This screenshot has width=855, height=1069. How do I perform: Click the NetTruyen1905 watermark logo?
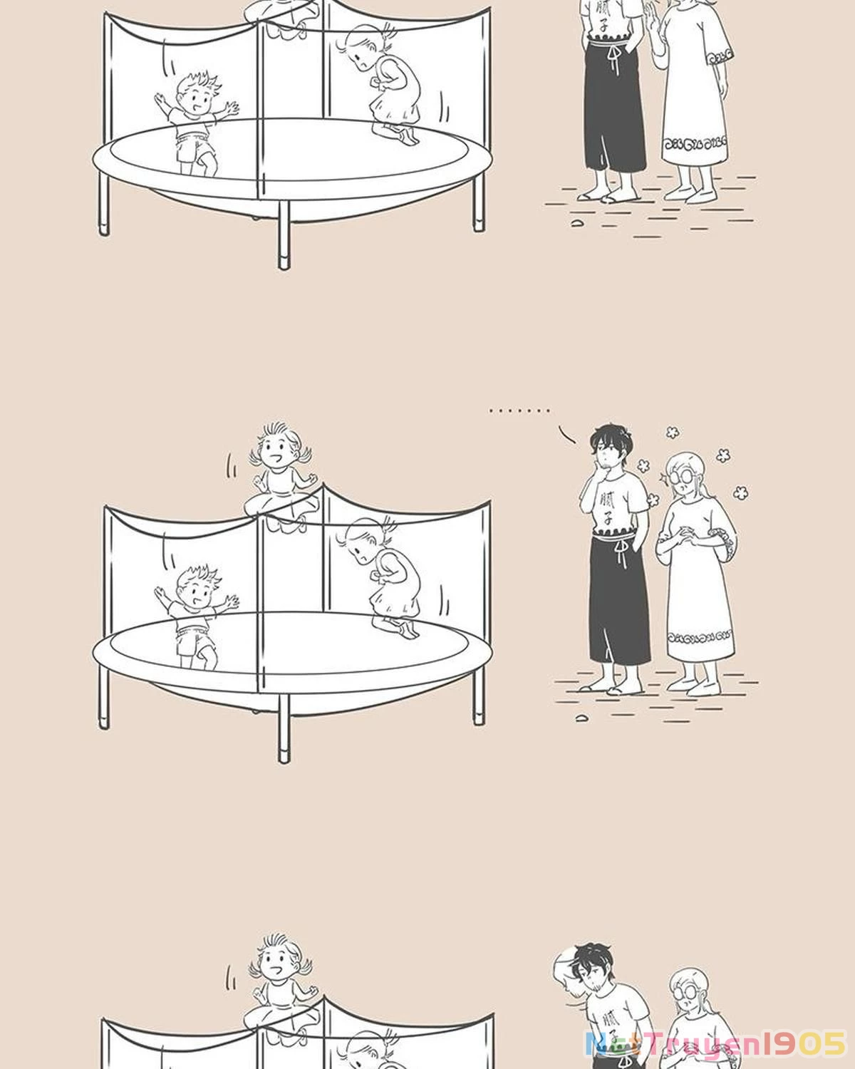715,1044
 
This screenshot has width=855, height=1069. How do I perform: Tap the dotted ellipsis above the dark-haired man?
519,410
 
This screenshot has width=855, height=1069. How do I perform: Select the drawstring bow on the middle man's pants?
622,549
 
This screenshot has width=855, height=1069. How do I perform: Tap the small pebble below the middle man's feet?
581,717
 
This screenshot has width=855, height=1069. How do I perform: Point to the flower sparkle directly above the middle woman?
671,432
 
